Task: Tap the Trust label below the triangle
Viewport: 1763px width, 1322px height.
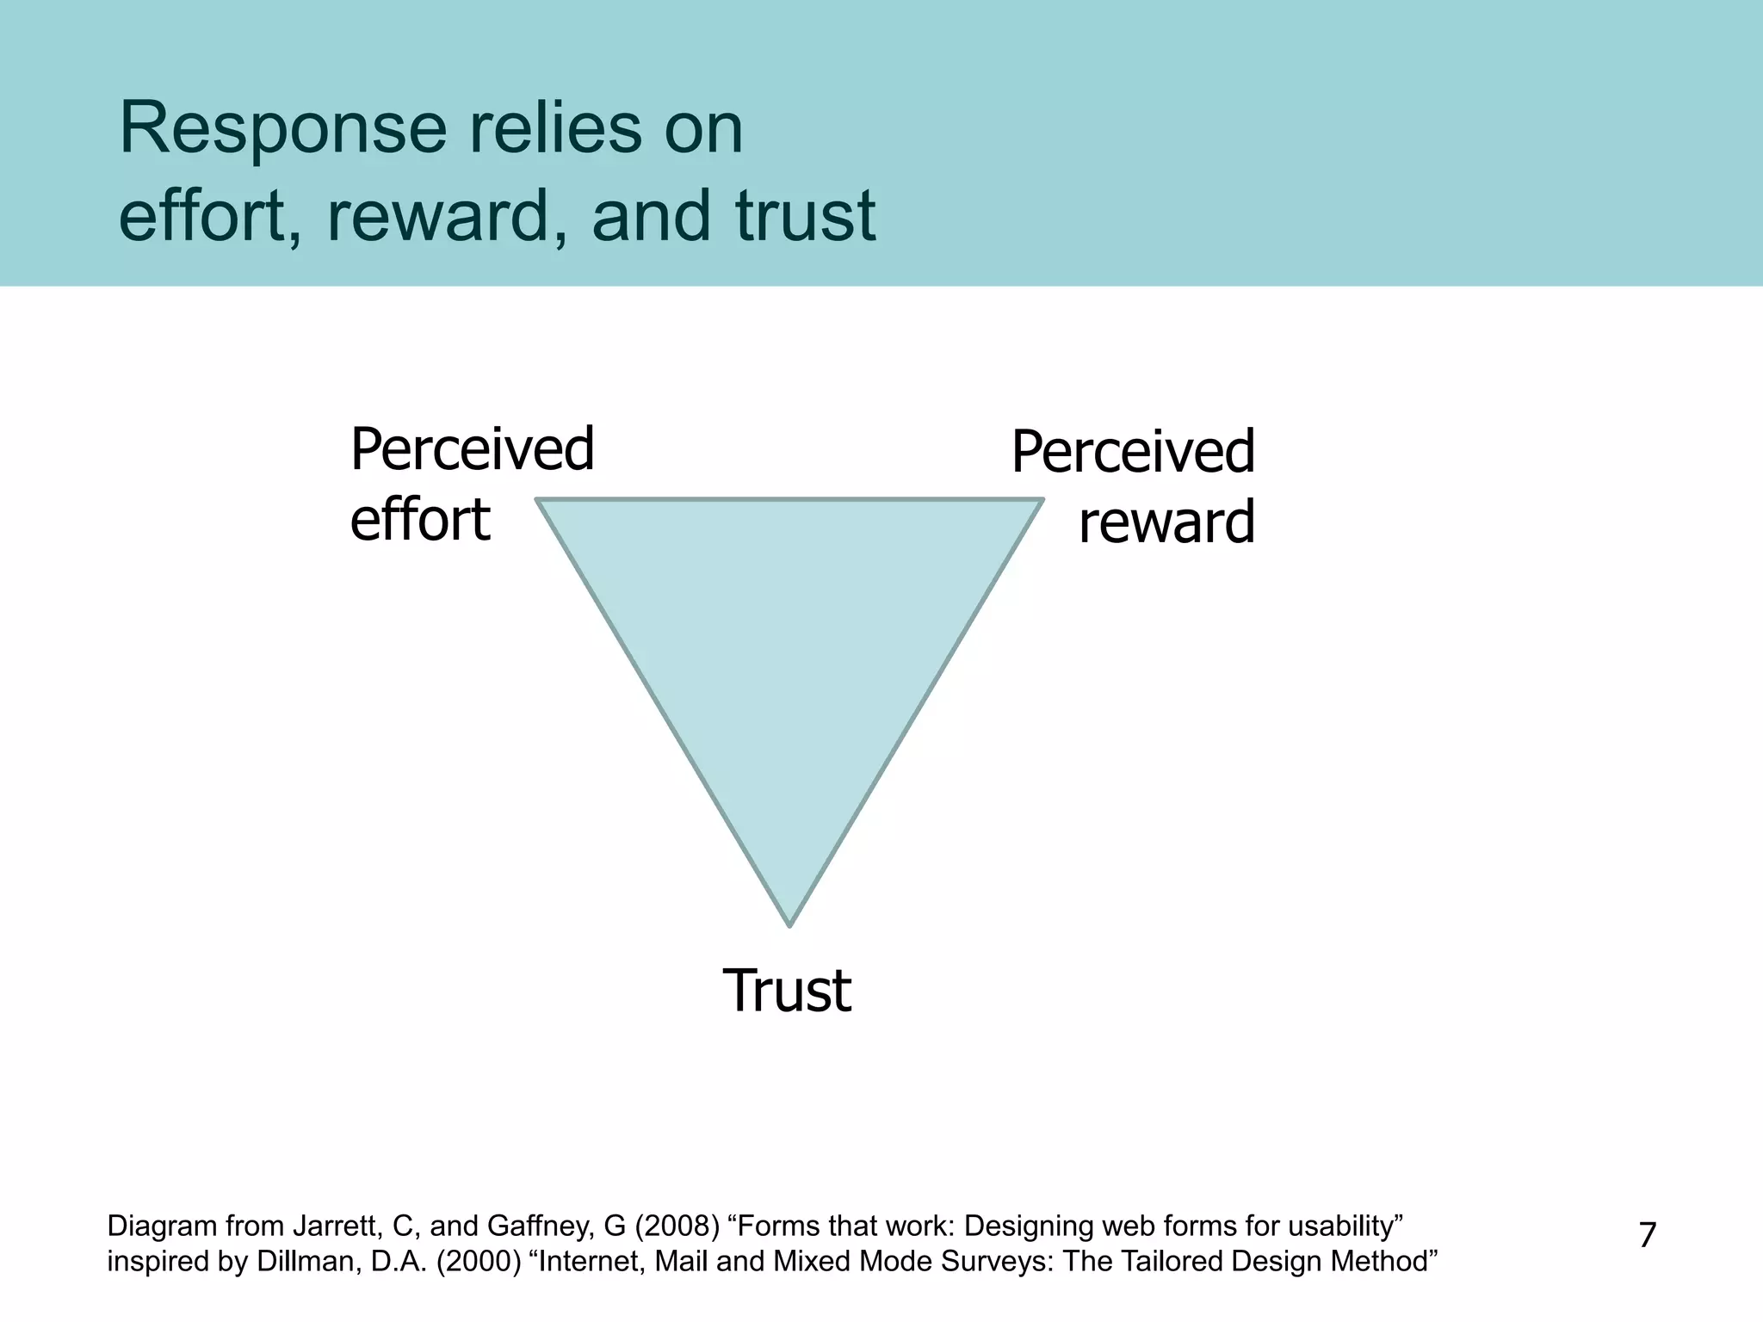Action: [787, 991]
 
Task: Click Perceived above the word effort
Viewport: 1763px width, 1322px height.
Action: [472, 449]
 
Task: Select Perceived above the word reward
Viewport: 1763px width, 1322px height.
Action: [1133, 453]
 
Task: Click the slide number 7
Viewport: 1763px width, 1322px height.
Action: [1647, 1235]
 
